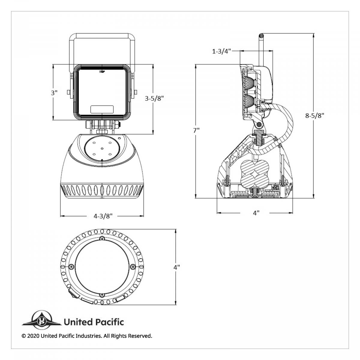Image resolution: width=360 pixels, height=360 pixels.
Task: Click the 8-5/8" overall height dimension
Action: (x=315, y=115)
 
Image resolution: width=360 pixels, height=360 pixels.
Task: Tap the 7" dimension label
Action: (x=196, y=130)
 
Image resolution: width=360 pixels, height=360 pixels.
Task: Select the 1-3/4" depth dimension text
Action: (x=221, y=51)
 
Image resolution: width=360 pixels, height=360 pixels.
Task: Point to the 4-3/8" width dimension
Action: (x=103, y=216)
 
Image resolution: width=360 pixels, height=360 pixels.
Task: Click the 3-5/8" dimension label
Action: (x=154, y=98)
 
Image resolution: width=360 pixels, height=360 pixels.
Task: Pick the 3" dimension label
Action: (x=54, y=93)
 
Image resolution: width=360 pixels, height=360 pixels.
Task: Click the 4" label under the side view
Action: (x=256, y=213)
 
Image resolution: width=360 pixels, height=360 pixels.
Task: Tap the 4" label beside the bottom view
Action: (x=176, y=267)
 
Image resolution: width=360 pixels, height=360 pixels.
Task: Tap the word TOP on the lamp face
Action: (x=102, y=72)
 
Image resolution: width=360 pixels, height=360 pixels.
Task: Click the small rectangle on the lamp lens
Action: (x=102, y=109)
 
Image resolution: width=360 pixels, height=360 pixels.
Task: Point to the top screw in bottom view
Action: (x=102, y=238)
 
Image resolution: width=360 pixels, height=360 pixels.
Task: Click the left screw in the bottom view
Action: (x=71, y=267)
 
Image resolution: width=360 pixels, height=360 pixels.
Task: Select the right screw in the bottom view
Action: (x=133, y=267)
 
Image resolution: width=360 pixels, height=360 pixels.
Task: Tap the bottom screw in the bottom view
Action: (x=102, y=295)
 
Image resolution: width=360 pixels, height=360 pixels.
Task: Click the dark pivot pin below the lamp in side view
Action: (x=259, y=124)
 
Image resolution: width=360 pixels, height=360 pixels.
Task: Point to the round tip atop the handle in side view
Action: (x=261, y=35)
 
